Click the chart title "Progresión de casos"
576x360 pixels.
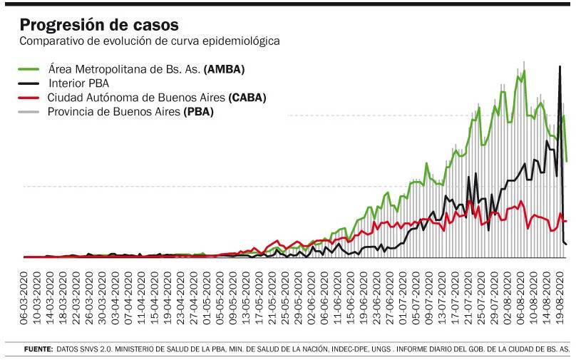pyautogui.click(x=99, y=26)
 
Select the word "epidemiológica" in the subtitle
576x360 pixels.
pyautogui.click(x=242, y=41)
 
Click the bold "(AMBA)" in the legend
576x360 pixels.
pyautogui.click(x=224, y=70)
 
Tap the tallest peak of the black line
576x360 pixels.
pyautogui.click(x=560, y=67)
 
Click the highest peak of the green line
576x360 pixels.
pyautogui.click(x=524, y=71)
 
